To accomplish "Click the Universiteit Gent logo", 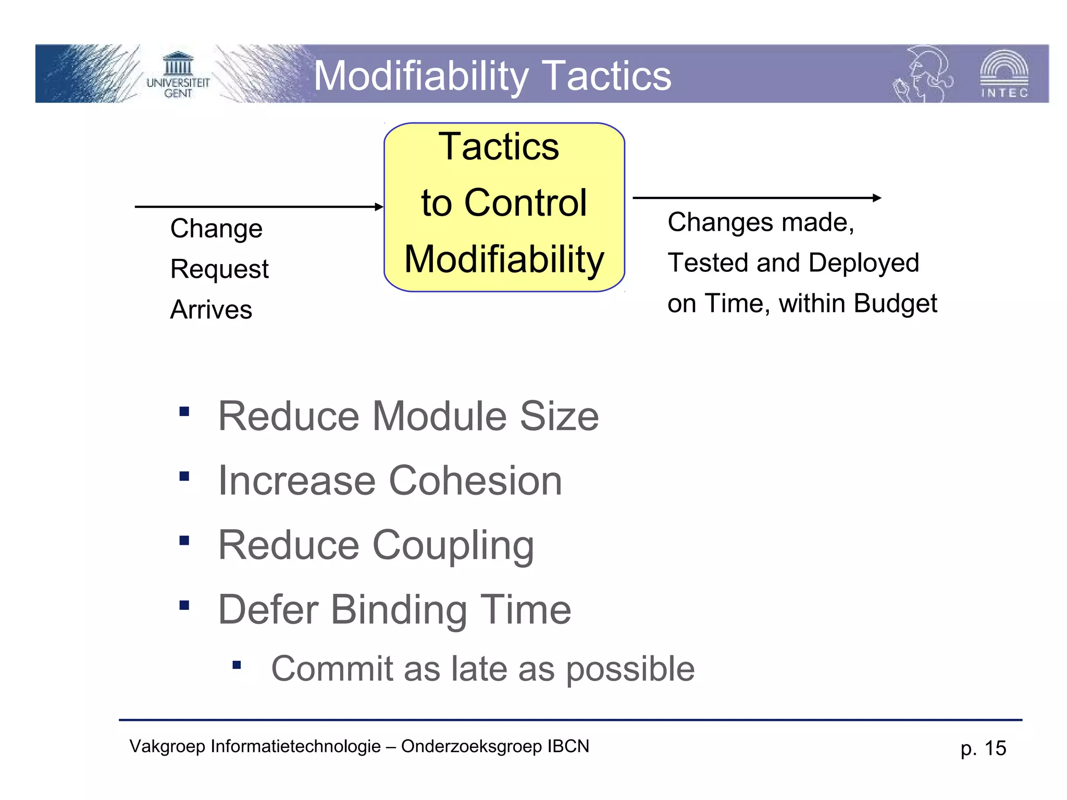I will (x=178, y=74).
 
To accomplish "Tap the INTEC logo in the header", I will (x=1004, y=74).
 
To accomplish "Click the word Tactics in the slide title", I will (x=606, y=76).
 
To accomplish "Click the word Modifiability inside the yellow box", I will (x=504, y=259).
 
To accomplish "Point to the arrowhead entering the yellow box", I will (x=379, y=207).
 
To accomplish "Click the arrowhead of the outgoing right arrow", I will (x=877, y=198).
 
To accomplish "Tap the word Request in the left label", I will (x=219, y=269).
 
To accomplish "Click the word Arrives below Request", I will (x=211, y=310).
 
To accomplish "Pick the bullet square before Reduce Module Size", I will (x=184, y=412).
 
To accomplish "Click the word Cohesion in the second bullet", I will (x=475, y=481).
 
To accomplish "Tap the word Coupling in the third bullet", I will (x=453, y=546).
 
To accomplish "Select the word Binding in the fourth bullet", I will (x=399, y=610).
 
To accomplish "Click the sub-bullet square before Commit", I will (x=237, y=665).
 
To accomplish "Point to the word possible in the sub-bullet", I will (x=630, y=669).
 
